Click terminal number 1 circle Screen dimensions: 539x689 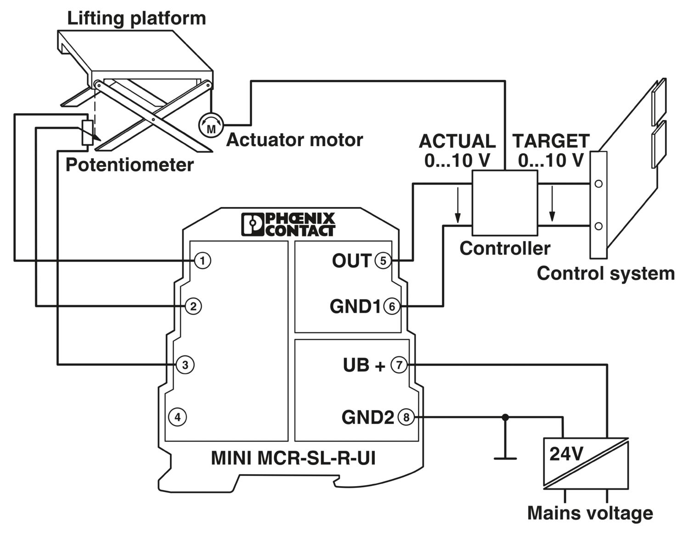[x=203, y=261]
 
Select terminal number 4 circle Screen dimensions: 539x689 [x=178, y=417]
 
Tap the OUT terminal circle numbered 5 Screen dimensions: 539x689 [x=383, y=261]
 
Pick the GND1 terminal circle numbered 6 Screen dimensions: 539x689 [x=392, y=306]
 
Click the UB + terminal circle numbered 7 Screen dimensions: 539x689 [x=399, y=365]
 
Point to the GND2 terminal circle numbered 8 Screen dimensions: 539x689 [x=406, y=418]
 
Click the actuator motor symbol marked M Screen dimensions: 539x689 [x=211, y=125]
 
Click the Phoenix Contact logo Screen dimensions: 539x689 [x=288, y=224]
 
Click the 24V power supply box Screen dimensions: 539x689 [x=585, y=463]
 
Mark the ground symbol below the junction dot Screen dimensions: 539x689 [x=505, y=458]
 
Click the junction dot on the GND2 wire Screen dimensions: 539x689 [x=505, y=418]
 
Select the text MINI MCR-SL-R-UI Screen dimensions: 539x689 [x=293, y=458]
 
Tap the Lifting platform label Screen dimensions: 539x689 [x=136, y=18]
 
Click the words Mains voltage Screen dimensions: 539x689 [x=590, y=513]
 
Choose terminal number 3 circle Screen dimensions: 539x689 [x=185, y=365]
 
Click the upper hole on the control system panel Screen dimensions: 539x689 [x=598, y=184]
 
